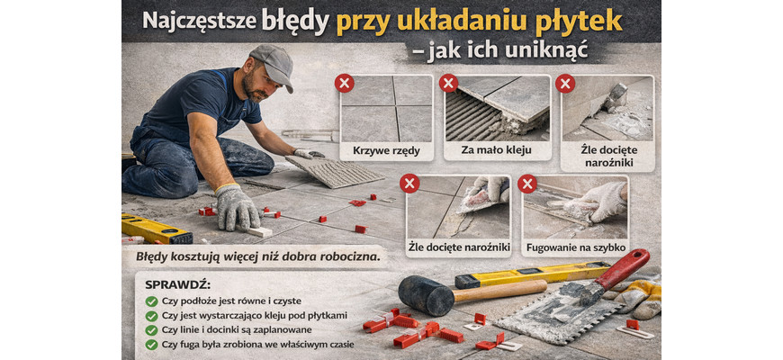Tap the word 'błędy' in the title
point(295,21)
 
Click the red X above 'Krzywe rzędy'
point(344,83)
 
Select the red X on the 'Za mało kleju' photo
point(448,83)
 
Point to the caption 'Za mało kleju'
point(497,150)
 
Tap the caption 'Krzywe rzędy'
point(386,150)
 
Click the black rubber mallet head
point(426,295)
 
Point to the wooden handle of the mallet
point(499,290)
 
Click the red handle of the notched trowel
point(625,267)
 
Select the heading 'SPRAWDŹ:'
point(178,285)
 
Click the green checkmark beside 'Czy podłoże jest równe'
point(151,301)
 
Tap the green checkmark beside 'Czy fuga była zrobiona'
point(151,345)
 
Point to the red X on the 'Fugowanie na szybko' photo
point(526,184)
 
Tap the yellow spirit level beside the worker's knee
point(156,229)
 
